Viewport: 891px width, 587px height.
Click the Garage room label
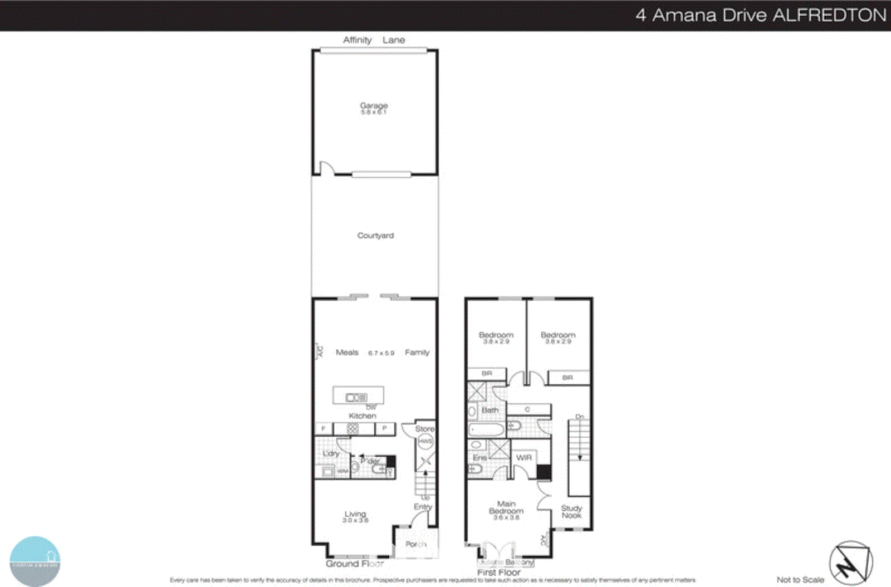coord(374,105)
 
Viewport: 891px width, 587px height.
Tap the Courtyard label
coord(375,236)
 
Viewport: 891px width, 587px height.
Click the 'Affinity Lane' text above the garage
coord(374,40)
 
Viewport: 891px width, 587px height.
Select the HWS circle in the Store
coord(425,442)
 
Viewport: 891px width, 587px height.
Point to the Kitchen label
coord(363,415)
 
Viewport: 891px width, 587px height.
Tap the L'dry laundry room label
coord(331,453)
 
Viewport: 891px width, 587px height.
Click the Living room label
coord(355,514)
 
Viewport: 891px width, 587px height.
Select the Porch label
coord(415,544)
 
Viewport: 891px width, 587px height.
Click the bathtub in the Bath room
coord(486,429)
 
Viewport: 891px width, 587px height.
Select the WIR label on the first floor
coord(524,457)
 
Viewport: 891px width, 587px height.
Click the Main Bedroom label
coord(506,507)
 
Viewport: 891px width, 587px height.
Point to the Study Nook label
coord(571,511)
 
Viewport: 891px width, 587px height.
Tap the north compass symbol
coord(850,562)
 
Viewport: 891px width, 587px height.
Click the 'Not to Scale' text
coord(800,580)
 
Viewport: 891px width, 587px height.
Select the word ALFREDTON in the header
coord(829,15)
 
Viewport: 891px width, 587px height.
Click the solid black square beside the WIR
coord(544,472)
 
